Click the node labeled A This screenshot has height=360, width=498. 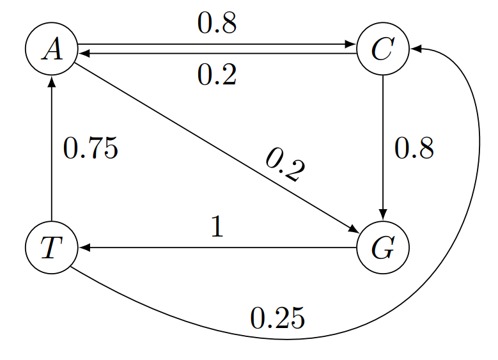(x=51, y=49)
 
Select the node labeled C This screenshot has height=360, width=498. (x=382, y=49)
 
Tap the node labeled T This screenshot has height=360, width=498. (x=51, y=248)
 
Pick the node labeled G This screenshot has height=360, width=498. (x=382, y=248)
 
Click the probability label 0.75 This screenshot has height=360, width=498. (x=91, y=149)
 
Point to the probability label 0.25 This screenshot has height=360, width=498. (x=277, y=318)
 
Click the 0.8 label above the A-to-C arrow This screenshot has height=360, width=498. (x=217, y=24)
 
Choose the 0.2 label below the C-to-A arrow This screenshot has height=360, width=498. (x=217, y=75)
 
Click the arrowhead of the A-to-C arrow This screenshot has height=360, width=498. (x=351, y=45)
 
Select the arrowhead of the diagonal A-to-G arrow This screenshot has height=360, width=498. (x=354, y=231)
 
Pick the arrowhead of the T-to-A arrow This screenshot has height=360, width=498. (x=51, y=81)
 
